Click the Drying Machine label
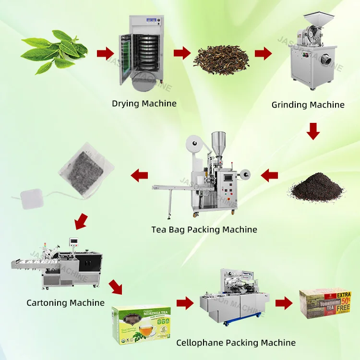coord(144,103)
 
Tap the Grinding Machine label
coord(308,105)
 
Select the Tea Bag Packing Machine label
coord(204,229)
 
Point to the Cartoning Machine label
coord(65,303)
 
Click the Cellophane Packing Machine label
coord(236,342)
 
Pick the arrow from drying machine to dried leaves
coord(181,52)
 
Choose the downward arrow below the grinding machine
coord(313,131)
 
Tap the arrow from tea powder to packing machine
coord(269,176)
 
